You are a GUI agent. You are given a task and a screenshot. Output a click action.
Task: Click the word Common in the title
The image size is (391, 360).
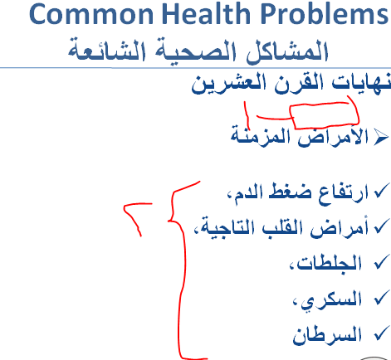(x=91, y=14)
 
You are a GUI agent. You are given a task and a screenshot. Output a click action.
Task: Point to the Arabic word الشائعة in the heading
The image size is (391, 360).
(x=107, y=50)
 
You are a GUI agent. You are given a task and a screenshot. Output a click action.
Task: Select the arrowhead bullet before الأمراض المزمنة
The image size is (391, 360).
(x=380, y=138)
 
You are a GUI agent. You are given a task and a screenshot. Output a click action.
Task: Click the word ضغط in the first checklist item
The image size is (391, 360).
(x=290, y=192)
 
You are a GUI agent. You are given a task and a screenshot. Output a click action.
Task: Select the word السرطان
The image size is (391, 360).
(x=327, y=334)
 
